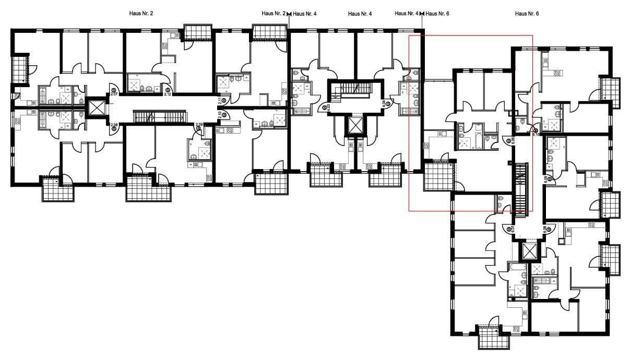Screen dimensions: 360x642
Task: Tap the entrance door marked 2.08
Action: (x=113, y=125)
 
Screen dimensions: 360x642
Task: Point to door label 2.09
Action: (x=198, y=126)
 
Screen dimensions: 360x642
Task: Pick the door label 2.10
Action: (x=220, y=116)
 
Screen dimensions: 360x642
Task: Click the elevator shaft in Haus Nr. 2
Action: (x=97, y=109)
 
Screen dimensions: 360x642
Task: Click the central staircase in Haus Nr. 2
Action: (x=160, y=116)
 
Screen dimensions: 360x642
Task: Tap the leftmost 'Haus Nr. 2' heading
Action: (x=141, y=14)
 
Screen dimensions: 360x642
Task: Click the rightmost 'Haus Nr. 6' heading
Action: (x=526, y=14)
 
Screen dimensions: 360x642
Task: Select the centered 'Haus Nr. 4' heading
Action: (x=360, y=14)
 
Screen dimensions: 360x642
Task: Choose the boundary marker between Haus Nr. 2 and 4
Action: (x=290, y=14)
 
